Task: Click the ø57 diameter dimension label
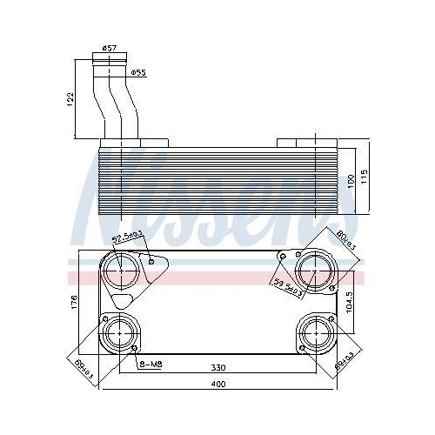click(x=110, y=49)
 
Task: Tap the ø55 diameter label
click(x=137, y=72)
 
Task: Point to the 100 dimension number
click(x=351, y=179)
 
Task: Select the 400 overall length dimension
click(x=219, y=385)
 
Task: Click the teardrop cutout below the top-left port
click(x=122, y=301)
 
